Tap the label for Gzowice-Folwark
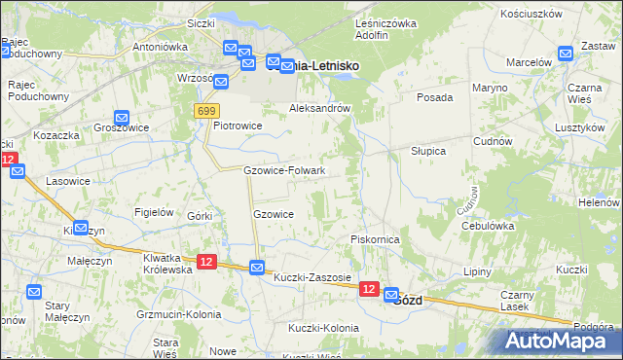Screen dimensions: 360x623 [283, 170]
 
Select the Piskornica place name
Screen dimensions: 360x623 [375, 238]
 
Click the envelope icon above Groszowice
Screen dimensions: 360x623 [122, 118]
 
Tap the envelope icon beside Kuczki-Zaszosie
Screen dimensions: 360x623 [257, 267]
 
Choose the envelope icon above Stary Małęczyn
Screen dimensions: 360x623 [34, 291]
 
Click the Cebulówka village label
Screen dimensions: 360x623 [487, 225]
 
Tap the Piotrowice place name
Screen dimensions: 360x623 [238, 125]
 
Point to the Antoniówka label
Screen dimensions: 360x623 [160, 46]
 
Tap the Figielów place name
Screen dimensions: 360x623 [154, 212]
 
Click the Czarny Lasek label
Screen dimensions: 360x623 [517, 301]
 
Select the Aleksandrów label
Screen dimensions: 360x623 [319, 109]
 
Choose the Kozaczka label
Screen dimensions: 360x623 [55, 135]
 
